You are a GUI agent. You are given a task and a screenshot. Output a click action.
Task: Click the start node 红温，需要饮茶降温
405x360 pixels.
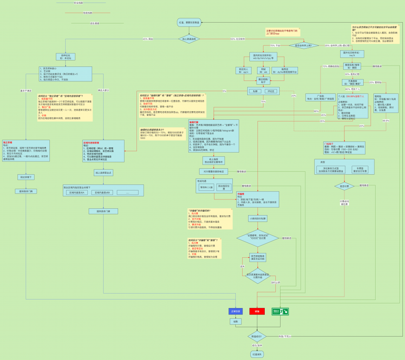189,23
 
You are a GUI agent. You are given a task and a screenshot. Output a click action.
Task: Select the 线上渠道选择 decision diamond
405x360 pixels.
189,39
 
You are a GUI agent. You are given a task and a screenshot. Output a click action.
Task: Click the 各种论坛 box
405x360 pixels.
65,57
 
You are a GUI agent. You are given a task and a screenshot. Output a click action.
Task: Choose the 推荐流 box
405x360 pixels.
286,71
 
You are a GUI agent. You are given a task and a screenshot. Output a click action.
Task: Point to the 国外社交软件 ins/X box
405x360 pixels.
351,54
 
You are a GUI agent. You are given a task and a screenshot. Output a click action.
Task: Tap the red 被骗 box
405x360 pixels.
257,311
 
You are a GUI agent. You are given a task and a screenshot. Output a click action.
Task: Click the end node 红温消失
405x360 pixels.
257,354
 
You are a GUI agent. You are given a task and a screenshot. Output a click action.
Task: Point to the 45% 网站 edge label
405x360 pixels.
148,39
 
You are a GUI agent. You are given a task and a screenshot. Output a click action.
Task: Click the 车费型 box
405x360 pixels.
360,170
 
